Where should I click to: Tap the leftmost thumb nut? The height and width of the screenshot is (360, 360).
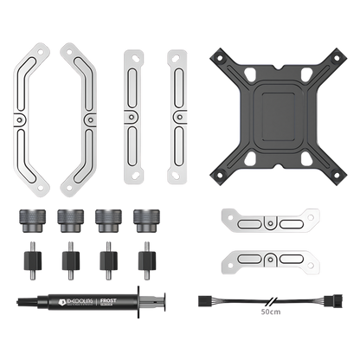(27, 217)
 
